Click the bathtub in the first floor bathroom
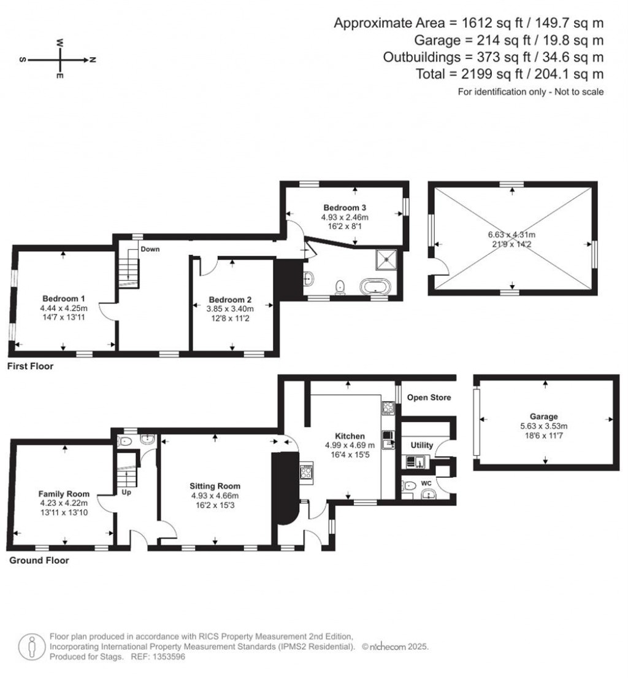[x=374, y=287]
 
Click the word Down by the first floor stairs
[x=150, y=249]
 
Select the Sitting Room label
[x=215, y=486]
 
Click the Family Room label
[x=64, y=494]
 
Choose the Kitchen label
[x=350, y=436]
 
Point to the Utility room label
[x=422, y=445]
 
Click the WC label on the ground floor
[x=426, y=474]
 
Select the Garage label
[x=545, y=417]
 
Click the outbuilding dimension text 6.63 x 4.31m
[x=511, y=235]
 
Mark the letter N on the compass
[x=93, y=60]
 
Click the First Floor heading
[x=30, y=367]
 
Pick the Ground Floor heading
[x=39, y=560]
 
